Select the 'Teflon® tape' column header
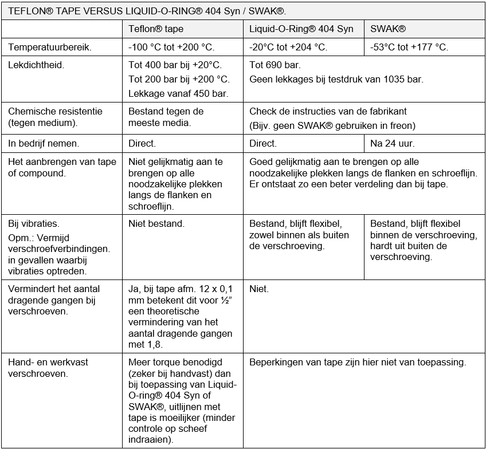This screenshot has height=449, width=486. tap(156, 29)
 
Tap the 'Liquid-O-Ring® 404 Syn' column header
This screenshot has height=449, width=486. tap(301, 29)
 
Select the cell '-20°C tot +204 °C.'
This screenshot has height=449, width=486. tap(289, 48)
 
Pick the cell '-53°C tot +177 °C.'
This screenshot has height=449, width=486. tap(409, 48)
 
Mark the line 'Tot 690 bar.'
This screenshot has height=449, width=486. tap(275, 65)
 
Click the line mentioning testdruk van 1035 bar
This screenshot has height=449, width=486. tap(336, 80)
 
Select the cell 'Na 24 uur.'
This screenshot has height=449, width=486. tap(392, 144)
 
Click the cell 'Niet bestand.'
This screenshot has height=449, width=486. tap(156, 224)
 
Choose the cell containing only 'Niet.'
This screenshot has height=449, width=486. tap(259, 289)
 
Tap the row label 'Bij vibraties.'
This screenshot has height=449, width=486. tap(33, 224)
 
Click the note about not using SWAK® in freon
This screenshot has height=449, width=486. tap(332, 125)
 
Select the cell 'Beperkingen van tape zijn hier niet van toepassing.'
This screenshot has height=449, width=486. tap(358, 363)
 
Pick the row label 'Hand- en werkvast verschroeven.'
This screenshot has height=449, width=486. tap(48, 368)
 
